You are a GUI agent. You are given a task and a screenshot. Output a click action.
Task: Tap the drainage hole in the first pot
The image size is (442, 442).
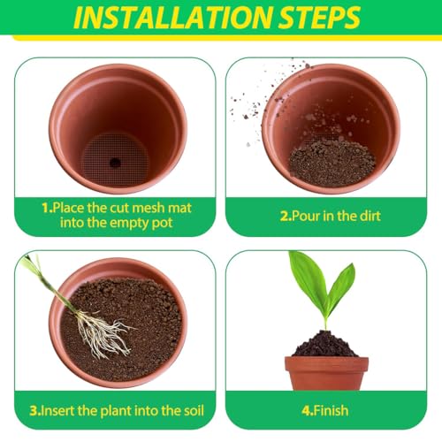pos(115,162)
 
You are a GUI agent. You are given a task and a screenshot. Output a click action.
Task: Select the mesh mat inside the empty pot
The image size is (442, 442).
pos(116,159)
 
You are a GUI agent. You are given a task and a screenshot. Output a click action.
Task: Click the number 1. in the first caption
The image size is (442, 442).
pos(47,208)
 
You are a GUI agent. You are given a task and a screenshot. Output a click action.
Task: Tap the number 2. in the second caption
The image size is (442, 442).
pos(286,216)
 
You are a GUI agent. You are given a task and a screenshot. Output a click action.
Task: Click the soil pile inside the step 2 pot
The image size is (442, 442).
pos(332,163)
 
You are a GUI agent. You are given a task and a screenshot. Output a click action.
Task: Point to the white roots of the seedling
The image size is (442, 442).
pos(102,333)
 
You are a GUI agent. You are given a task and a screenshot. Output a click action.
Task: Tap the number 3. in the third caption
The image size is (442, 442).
pos(35,410)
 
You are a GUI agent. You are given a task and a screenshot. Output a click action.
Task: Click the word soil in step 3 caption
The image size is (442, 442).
pos(192,410)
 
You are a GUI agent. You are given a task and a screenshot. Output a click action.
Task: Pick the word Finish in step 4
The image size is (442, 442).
pos(331,410)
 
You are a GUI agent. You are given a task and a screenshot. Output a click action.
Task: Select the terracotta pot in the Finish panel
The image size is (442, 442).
pos(326,373)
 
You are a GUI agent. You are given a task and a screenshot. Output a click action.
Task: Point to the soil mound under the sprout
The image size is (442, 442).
pos(325,344)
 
